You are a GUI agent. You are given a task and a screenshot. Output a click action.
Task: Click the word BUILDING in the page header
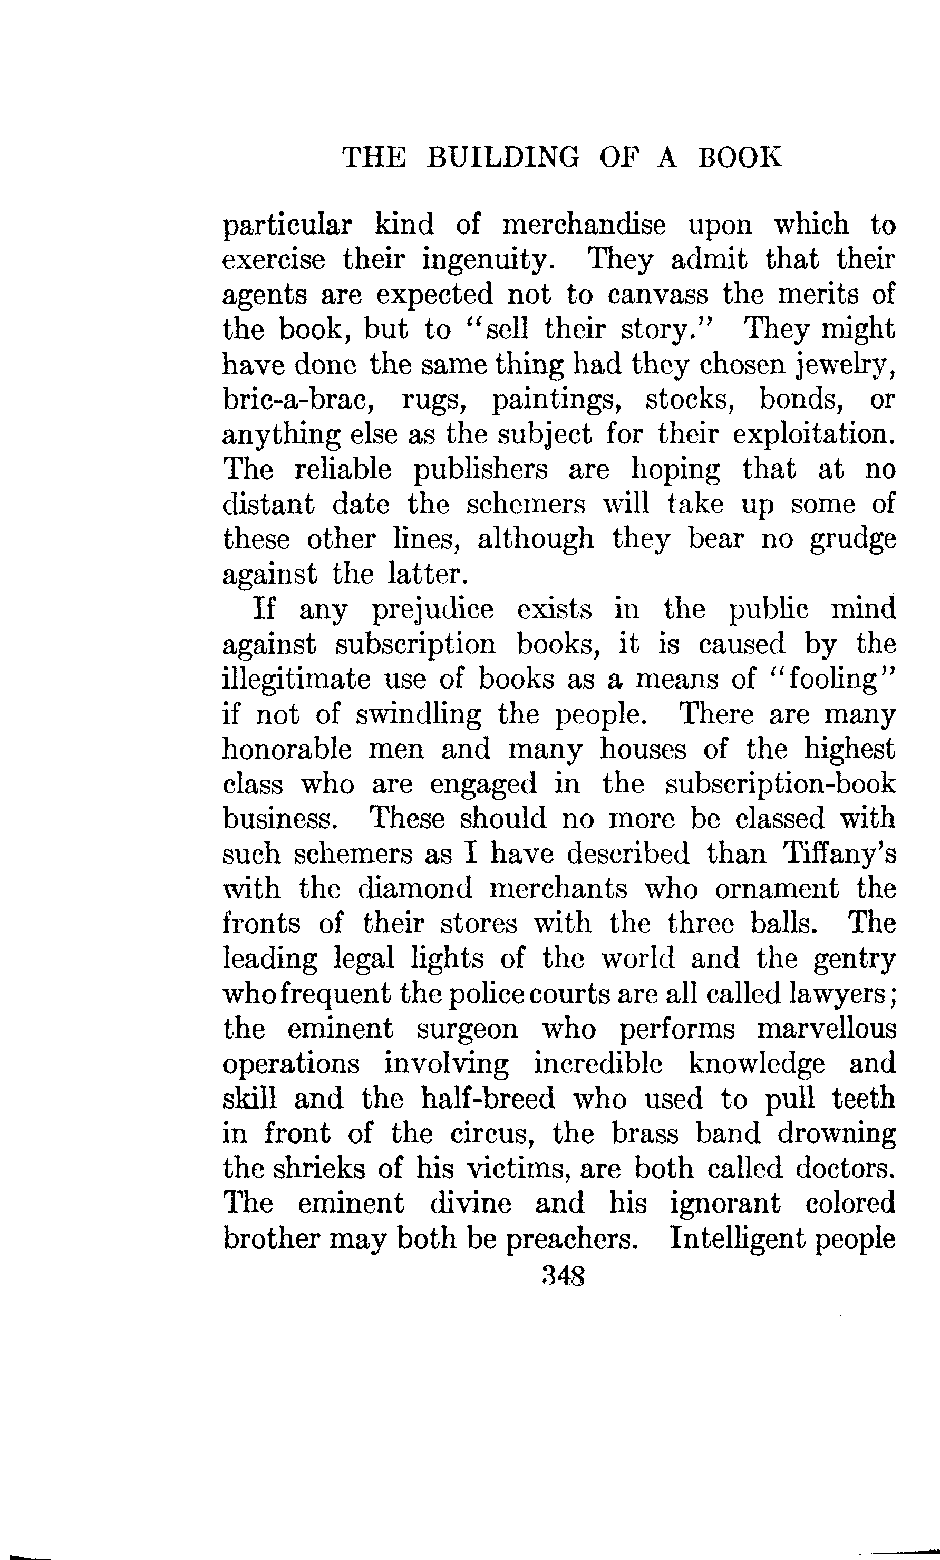coord(502,157)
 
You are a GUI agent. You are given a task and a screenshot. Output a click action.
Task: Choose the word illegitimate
coord(296,681)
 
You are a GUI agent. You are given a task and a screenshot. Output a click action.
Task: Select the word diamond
coord(415,889)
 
